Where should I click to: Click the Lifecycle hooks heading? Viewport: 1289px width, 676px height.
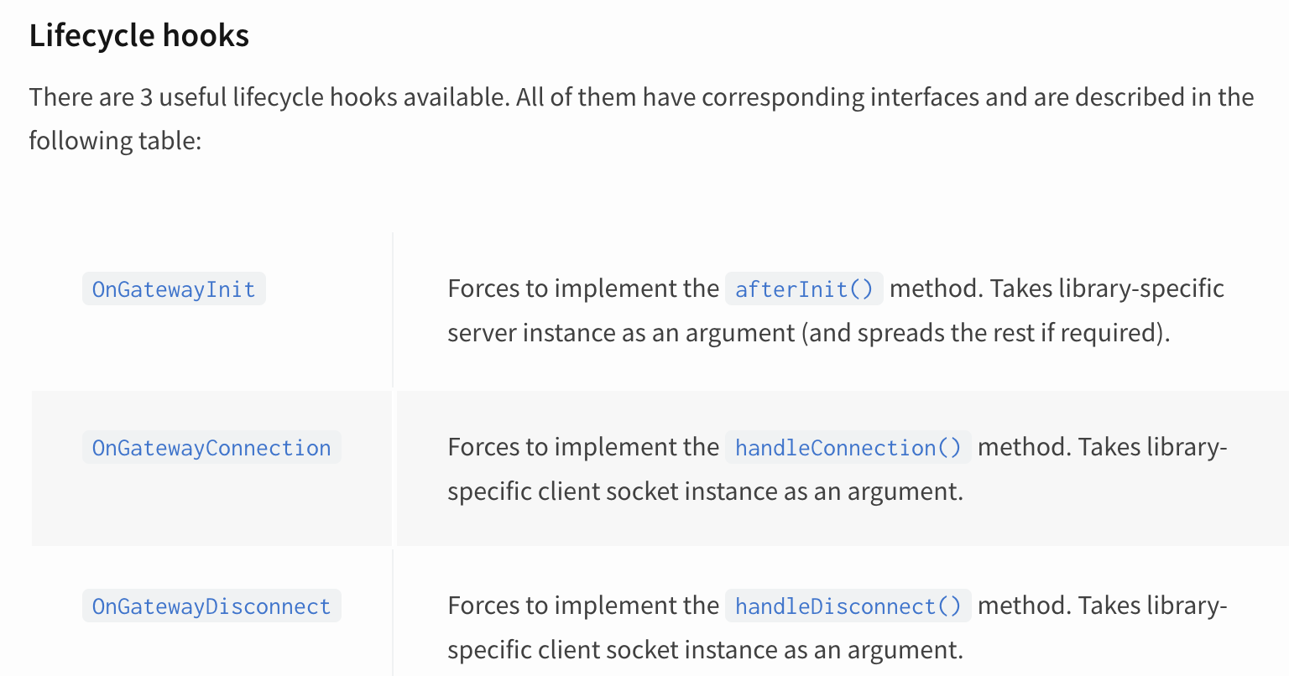(x=139, y=36)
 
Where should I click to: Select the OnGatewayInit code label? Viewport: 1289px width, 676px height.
(x=174, y=289)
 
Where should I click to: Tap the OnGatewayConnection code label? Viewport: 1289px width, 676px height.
(x=211, y=448)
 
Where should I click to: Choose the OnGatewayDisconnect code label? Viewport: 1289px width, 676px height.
(x=211, y=606)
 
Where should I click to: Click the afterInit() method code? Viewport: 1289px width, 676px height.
(x=804, y=289)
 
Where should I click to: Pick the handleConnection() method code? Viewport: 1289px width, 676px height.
(x=848, y=448)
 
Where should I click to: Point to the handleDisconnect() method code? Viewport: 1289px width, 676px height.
(x=848, y=606)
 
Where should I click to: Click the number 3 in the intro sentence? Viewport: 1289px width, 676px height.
(x=147, y=97)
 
